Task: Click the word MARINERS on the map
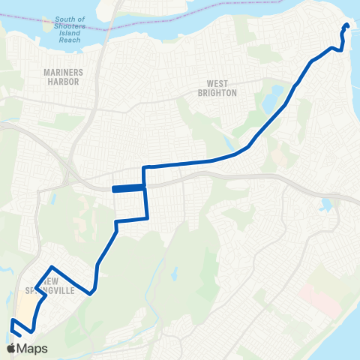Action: (x=62, y=73)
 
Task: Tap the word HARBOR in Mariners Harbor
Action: (x=62, y=82)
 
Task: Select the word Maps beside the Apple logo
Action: (x=32, y=348)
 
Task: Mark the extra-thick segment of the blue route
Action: (x=127, y=189)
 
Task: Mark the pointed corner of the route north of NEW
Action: (x=52, y=267)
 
